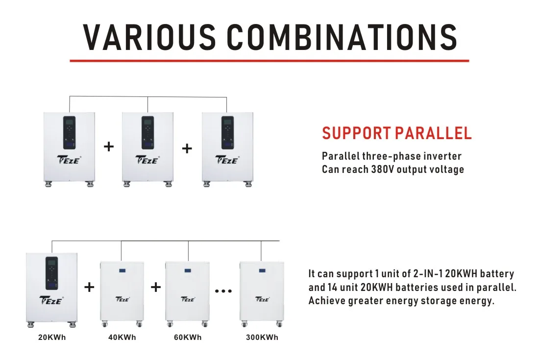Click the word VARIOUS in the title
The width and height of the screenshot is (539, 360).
[149, 37]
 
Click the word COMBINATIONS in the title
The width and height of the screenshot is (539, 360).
[343, 37]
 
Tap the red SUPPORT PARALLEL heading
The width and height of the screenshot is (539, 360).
[397, 133]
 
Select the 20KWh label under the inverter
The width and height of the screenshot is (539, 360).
[52, 337]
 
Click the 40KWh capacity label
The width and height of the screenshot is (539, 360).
[122, 337]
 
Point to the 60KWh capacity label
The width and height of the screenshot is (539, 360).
[188, 337]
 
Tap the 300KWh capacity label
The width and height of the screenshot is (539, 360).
[262, 337]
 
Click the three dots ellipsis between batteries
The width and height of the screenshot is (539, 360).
[223, 291]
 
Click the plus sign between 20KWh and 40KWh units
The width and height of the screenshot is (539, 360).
[89, 287]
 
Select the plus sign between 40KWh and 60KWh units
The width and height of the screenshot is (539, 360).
[156, 287]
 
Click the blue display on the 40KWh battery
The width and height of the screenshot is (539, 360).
[122, 271]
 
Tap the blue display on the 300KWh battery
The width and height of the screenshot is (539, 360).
[262, 271]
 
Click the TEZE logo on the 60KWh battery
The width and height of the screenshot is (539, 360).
[188, 299]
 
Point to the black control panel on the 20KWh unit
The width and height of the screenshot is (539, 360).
[51, 273]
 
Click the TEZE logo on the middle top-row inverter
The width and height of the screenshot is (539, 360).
[147, 160]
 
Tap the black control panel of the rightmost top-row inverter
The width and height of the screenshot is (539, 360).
[227, 133]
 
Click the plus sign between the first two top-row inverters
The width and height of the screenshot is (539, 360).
[109, 146]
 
